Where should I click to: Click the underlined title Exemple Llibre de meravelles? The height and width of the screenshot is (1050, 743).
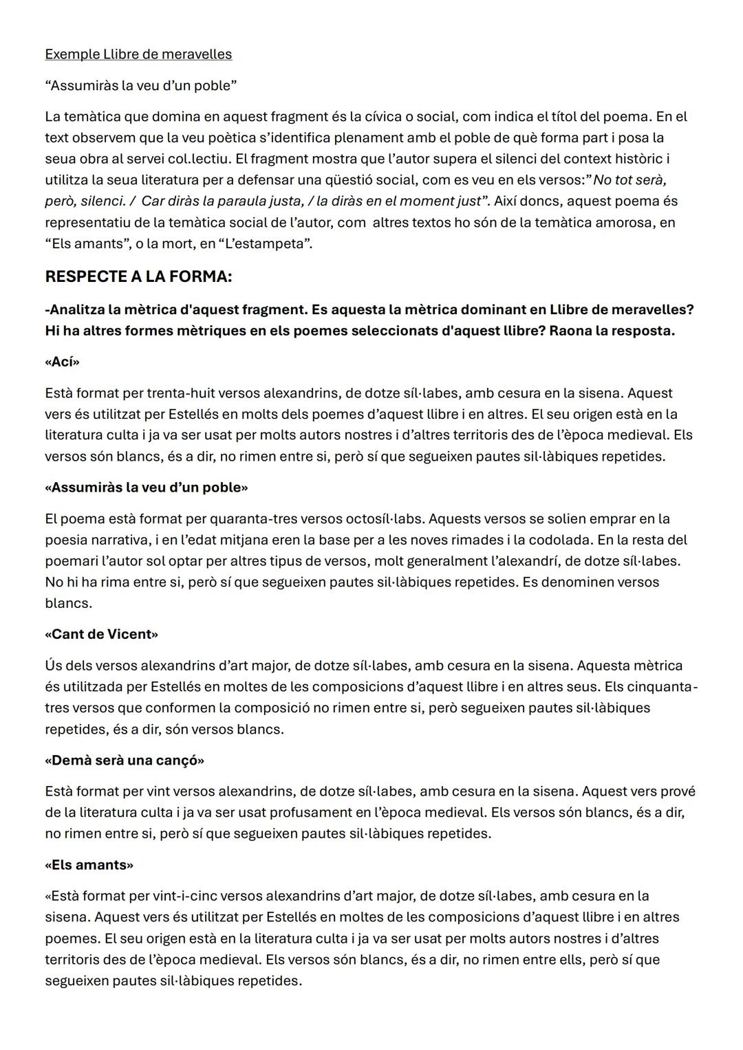(x=138, y=54)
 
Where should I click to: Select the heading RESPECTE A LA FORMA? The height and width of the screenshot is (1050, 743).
(x=138, y=277)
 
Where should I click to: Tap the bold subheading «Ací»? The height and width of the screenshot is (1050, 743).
(x=62, y=362)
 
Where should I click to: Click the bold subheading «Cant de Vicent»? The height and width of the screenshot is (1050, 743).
(x=101, y=634)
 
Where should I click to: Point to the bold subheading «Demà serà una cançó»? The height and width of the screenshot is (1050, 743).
(x=125, y=761)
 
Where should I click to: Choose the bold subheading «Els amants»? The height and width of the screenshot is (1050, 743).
(x=89, y=865)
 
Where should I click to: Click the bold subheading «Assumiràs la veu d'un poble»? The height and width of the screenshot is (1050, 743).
(x=146, y=488)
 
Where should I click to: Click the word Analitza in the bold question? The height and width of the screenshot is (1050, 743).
(x=77, y=309)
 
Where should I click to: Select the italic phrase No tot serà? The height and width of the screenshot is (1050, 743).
(x=629, y=180)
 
